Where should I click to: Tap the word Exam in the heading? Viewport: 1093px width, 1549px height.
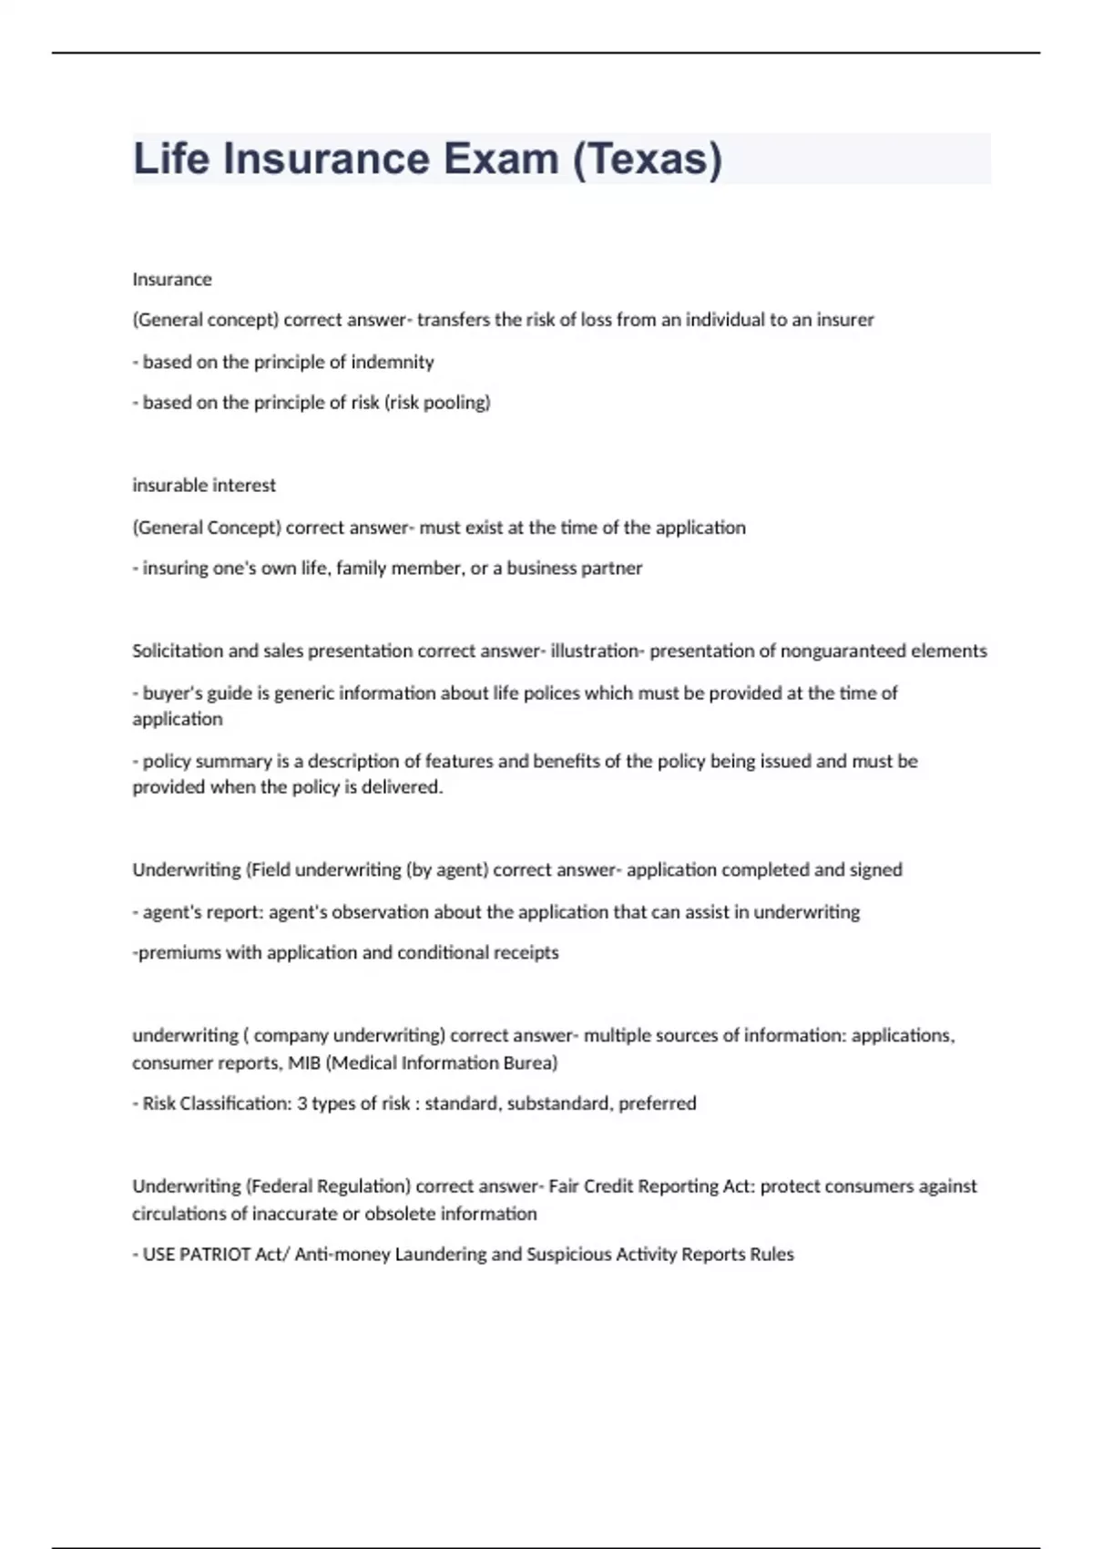501,159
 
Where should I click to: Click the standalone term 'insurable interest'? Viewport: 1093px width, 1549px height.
204,485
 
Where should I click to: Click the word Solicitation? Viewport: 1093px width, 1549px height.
178,651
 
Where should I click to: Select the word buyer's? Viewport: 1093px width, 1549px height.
172,692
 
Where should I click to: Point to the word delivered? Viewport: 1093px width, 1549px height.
402,787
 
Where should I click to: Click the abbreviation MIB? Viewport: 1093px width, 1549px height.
304,1062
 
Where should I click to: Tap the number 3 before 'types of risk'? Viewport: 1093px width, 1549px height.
301,1103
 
